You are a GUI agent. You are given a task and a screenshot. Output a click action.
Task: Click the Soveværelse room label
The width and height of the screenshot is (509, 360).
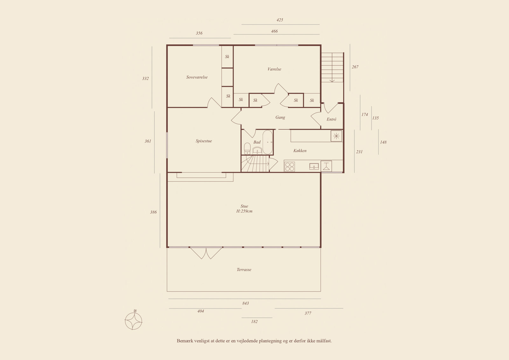[x=197, y=77]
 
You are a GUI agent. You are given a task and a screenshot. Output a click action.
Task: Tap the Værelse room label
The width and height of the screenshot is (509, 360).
[x=274, y=69]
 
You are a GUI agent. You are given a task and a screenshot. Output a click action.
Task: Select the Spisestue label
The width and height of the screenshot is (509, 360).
[x=204, y=141]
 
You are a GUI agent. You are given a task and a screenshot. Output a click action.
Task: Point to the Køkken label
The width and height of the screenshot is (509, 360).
[x=300, y=151]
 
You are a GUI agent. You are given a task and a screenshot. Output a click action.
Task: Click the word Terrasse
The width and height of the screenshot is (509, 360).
[x=244, y=270]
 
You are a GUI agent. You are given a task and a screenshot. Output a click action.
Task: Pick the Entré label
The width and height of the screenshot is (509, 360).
[x=331, y=119]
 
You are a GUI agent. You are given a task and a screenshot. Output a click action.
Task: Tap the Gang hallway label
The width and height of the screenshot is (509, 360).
[x=280, y=117]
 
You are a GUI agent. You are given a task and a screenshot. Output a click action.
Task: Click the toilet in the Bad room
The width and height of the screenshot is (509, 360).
[x=247, y=149]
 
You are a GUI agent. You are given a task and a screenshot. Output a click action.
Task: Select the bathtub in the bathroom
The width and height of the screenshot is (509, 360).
[x=268, y=142]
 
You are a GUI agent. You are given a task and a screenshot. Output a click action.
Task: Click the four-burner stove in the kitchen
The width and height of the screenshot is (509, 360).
[x=290, y=166]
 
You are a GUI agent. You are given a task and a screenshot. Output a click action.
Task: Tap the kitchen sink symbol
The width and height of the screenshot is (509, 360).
[x=314, y=166]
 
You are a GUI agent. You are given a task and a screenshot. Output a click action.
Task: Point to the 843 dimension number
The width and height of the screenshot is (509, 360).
[x=245, y=303]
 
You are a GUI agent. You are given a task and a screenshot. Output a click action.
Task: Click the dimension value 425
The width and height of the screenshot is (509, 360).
[x=280, y=20]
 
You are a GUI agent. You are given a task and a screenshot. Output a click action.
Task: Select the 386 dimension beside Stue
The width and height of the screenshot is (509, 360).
[x=153, y=212]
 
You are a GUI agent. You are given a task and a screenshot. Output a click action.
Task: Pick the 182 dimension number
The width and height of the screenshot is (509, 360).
[x=254, y=321]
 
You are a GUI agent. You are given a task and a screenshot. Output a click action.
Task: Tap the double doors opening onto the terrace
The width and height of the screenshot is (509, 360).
[x=206, y=253]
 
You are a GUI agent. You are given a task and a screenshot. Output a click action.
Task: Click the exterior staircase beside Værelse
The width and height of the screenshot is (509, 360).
[x=332, y=67]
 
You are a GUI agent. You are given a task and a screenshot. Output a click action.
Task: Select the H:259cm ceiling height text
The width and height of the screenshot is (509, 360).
[x=244, y=211]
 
